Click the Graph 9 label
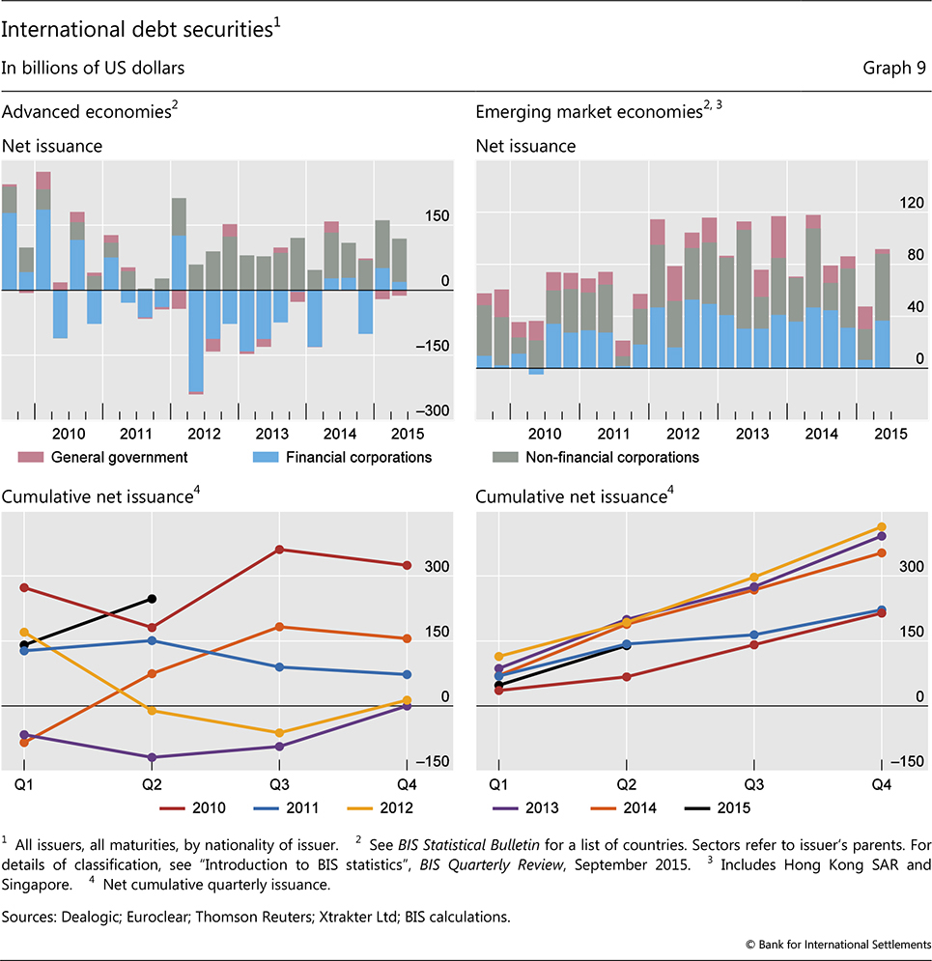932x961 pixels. (x=894, y=68)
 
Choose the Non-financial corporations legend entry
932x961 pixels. (x=595, y=457)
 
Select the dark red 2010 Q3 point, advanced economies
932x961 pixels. (x=279, y=550)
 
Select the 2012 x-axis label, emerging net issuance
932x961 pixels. (x=683, y=434)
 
